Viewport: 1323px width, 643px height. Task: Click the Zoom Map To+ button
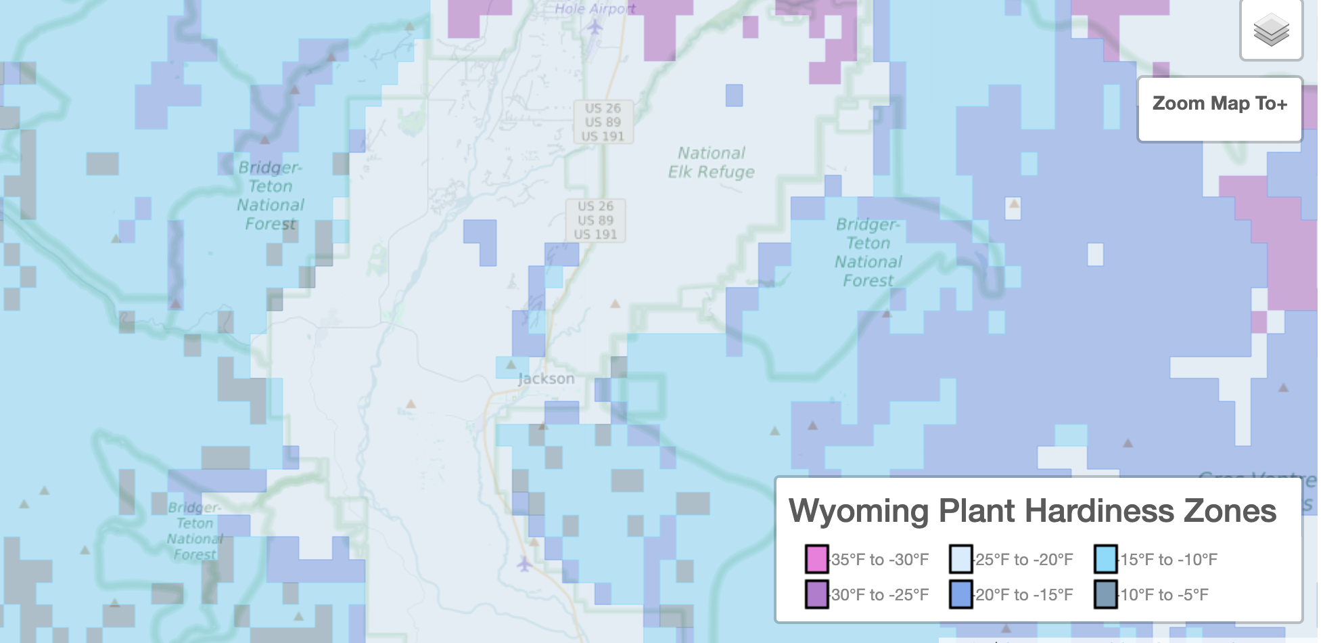click(1220, 104)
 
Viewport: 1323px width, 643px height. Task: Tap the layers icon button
click(1271, 30)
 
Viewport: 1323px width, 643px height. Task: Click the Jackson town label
click(546, 379)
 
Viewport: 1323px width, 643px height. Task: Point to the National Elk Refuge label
click(711, 162)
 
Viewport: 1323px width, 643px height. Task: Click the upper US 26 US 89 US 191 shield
click(603, 123)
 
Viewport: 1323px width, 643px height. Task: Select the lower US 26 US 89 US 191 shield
click(595, 221)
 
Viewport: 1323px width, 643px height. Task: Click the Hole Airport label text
click(595, 8)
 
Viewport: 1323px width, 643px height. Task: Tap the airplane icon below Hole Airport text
click(595, 27)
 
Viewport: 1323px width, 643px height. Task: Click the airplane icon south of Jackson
click(524, 563)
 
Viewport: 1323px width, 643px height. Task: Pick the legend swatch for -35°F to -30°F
click(817, 559)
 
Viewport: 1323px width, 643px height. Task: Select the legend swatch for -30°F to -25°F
click(817, 594)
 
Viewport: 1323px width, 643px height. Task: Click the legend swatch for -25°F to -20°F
click(960, 559)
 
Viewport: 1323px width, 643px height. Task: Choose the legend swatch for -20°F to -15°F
click(960, 594)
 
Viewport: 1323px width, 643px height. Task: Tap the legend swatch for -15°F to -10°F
click(1105, 559)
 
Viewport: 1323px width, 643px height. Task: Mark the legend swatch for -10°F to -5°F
click(1105, 594)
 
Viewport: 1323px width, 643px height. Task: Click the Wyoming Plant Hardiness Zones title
click(1032, 511)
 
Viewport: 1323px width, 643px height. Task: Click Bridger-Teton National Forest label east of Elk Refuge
click(868, 252)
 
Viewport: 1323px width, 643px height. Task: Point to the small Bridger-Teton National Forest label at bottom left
click(194, 531)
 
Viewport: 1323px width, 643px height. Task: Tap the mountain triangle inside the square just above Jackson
click(511, 365)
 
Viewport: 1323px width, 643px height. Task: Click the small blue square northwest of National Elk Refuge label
click(734, 95)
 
